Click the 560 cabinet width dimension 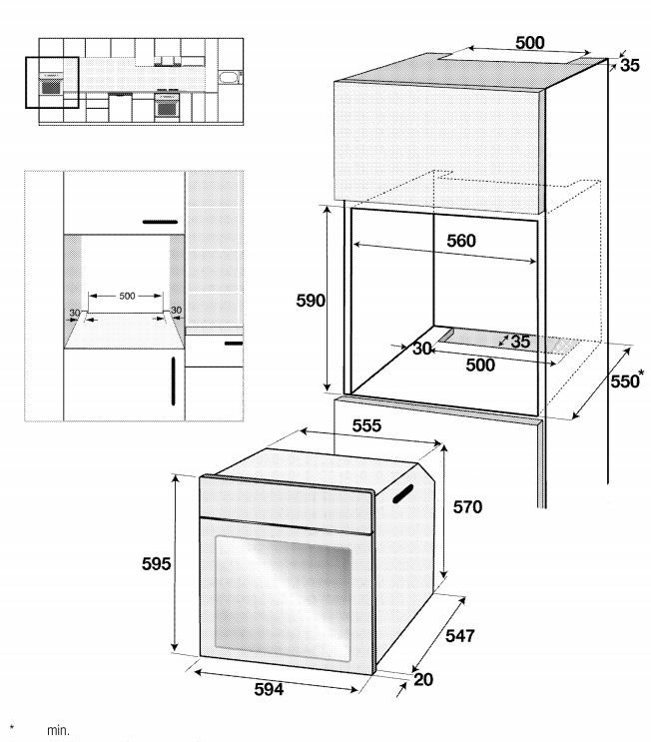point(461,241)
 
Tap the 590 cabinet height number point(311,301)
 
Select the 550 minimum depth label point(624,381)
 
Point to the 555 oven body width point(366,425)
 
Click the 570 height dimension point(467,506)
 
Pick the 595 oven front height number point(156,563)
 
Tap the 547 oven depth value point(460,635)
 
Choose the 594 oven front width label point(270,689)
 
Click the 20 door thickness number point(423,679)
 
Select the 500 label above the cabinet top point(530,43)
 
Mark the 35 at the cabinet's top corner point(630,65)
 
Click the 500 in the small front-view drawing point(127,296)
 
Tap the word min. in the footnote point(58,730)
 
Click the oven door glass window point(283,598)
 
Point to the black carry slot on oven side point(402,493)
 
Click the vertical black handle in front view point(173,380)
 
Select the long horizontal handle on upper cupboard point(160,222)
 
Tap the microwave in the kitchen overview point(231,77)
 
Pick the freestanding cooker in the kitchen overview point(167,105)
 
